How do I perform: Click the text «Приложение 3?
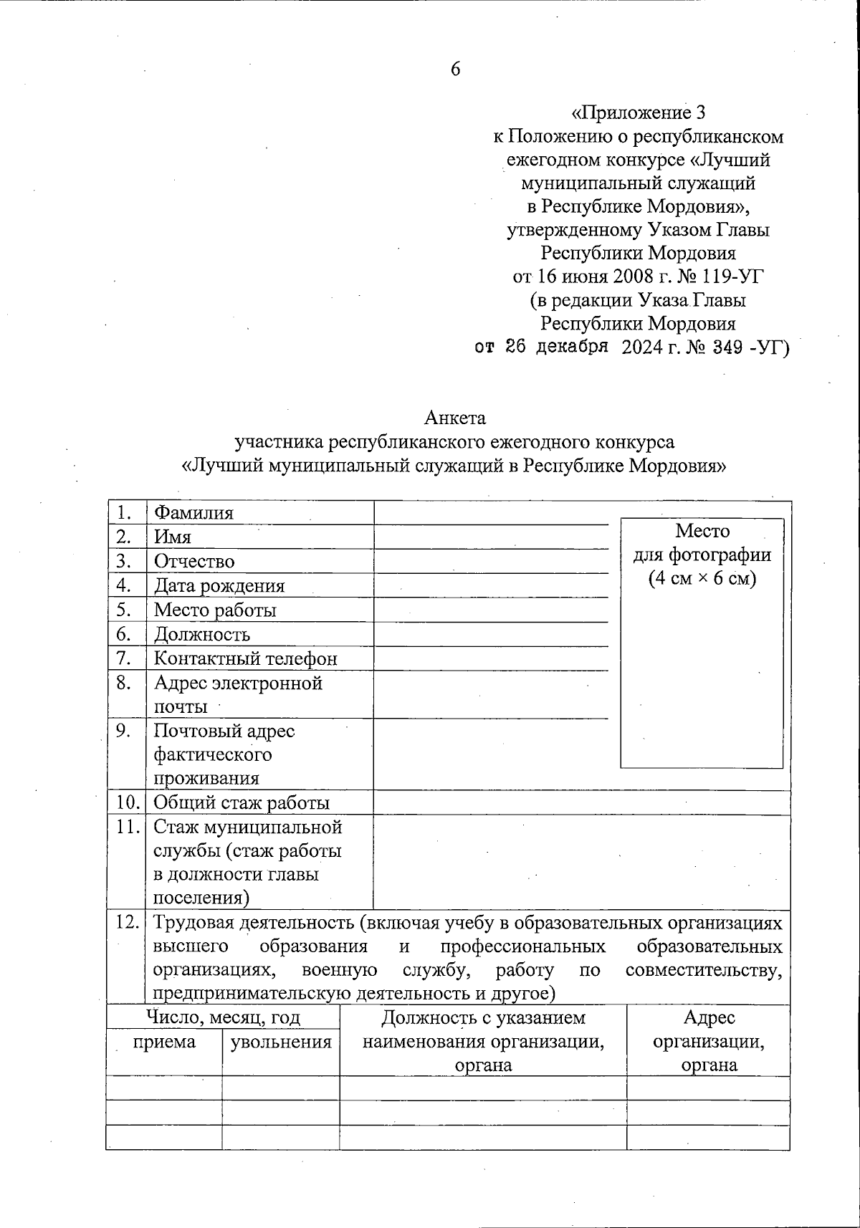[639, 112]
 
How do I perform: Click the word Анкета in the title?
[455, 417]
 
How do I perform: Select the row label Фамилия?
[193, 513]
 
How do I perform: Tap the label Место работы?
[215, 610]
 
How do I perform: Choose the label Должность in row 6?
[202, 634]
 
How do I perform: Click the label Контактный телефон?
[245, 658]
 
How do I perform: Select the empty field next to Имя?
[491, 537]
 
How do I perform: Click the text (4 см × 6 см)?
[702, 579]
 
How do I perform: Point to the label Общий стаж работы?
[242, 803]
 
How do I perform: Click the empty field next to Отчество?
[491, 562]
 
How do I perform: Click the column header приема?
[164, 1042]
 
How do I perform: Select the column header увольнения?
[280, 1042]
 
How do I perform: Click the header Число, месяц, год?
[223, 1017]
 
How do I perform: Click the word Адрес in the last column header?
[709, 1017]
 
